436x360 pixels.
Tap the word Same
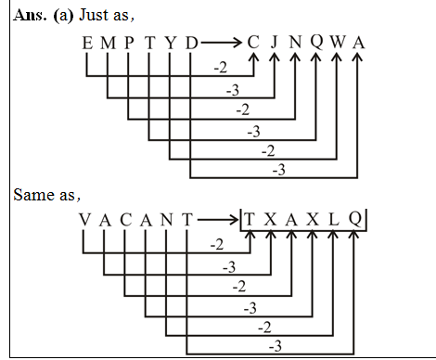point(32,196)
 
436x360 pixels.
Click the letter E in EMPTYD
point(87,44)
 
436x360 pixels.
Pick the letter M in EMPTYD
point(108,44)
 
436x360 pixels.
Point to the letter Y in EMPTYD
point(170,44)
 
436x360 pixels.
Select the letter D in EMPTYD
point(190,44)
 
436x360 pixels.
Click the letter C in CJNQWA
point(253,44)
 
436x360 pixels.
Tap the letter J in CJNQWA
point(274,44)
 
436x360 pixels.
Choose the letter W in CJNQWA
point(336,44)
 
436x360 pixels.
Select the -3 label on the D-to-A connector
point(277,170)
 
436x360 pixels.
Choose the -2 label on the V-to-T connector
point(219,244)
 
